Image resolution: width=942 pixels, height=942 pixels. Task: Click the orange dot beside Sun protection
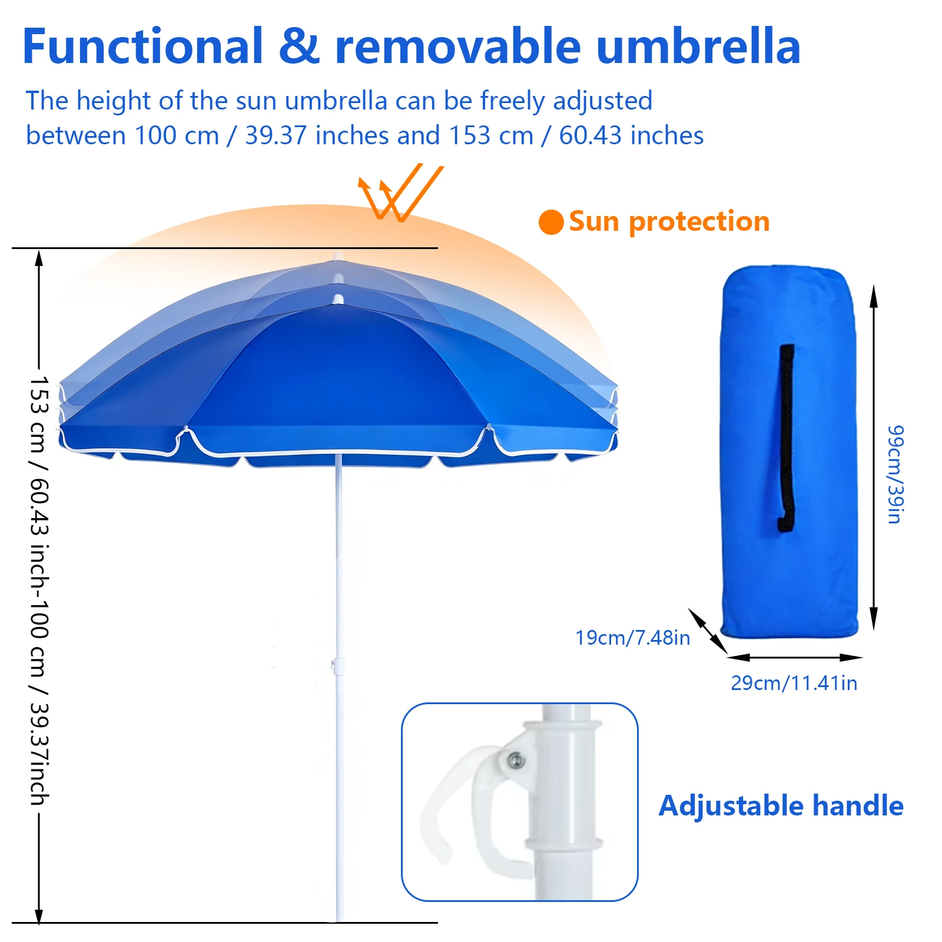551,222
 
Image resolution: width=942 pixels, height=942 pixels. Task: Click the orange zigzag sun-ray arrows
400,192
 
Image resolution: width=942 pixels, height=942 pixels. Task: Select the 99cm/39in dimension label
895,474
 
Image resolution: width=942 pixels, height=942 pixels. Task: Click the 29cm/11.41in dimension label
794,683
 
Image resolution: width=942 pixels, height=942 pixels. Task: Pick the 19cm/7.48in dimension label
632,638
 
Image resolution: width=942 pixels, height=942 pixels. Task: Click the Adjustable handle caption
781,805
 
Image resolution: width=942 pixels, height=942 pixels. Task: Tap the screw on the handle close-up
516,760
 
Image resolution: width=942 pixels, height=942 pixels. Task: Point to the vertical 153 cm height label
39,591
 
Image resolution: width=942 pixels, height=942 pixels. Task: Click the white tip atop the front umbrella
338,300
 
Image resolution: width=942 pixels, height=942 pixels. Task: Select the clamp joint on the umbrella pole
337,666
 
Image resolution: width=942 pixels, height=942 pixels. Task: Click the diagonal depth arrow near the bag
708,631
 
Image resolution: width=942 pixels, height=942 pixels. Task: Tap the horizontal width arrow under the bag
795,657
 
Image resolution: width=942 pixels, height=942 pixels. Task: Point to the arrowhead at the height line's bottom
39,916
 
